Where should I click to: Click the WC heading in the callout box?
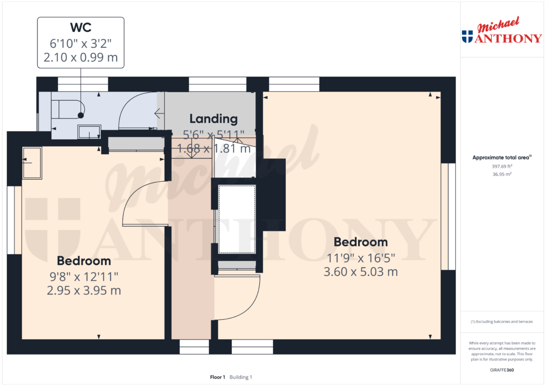point(81,27)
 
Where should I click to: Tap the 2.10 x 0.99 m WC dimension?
point(81,57)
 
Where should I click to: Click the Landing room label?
point(213,119)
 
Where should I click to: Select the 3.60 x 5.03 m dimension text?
point(360,272)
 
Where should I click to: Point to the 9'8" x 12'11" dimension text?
point(84,276)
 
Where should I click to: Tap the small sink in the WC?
point(89,131)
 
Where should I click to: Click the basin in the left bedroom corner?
point(31,163)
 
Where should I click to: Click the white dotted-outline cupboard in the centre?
point(238,219)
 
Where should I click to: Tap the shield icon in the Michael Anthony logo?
point(467,36)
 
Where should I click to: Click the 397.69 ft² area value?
point(501,166)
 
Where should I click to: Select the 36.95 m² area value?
point(501,174)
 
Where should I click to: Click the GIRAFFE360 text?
point(501,369)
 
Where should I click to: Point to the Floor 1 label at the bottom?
point(218,377)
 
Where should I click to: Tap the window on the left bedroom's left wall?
point(18,220)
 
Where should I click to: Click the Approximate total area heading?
point(500,157)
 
